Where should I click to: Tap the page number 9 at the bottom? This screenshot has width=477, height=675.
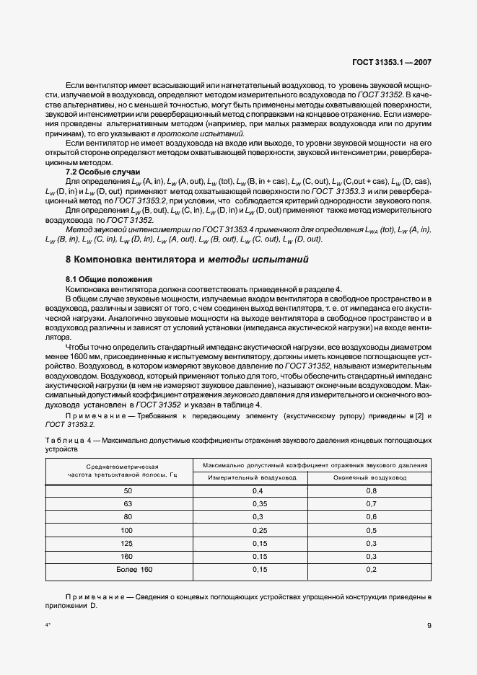click(429, 626)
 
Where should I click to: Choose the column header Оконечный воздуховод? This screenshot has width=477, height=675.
click(370, 478)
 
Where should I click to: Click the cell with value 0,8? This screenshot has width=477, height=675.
click(370, 490)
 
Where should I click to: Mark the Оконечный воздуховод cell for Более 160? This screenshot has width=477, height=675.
click(370, 570)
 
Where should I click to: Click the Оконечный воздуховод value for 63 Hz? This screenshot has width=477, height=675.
click(370, 503)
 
